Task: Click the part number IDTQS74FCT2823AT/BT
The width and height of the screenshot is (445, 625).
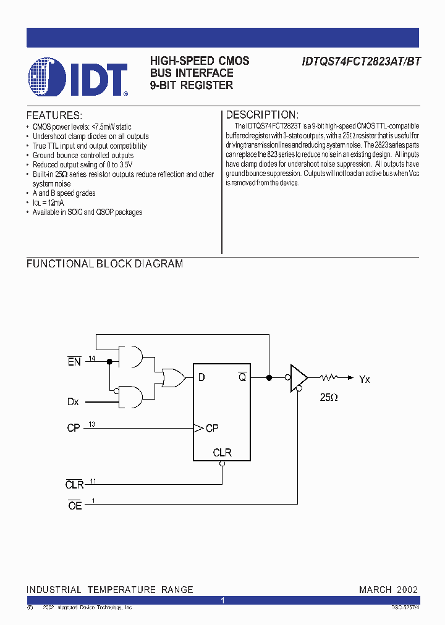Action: (x=362, y=62)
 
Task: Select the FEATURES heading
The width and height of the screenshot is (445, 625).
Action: (x=54, y=115)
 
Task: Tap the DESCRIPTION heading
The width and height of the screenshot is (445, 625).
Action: (x=262, y=115)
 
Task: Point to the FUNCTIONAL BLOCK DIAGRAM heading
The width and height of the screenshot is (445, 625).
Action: (x=104, y=264)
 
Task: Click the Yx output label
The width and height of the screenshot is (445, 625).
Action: (x=364, y=379)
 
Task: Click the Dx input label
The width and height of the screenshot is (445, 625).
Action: (x=73, y=402)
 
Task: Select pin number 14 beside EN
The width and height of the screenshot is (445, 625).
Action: (x=91, y=358)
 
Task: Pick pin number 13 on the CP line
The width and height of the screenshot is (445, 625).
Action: (x=91, y=424)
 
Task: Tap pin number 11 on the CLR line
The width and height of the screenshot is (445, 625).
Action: (x=93, y=480)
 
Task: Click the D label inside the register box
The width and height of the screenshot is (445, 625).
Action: (x=201, y=378)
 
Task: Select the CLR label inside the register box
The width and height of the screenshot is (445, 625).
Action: (x=222, y=453)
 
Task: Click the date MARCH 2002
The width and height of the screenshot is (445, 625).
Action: (x=388, y=590)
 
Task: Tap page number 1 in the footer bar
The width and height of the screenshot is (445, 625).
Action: (x=222, y=600)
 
